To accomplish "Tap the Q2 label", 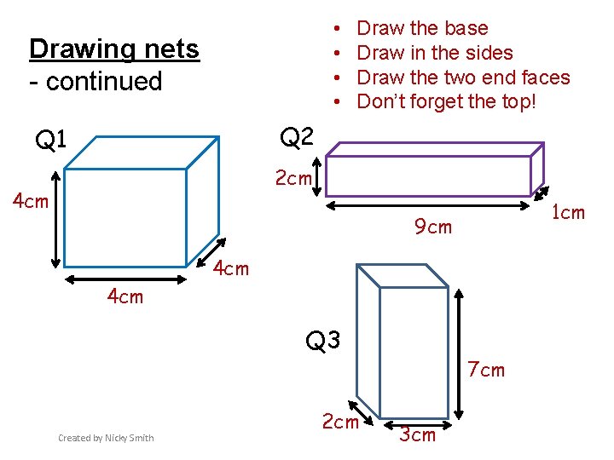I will click(x=297, y=136).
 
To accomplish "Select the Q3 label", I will click(x=323, y=341).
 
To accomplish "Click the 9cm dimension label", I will click(x=433, y=227).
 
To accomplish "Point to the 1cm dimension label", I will click(x=568, y=212).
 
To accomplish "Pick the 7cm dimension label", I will click(x=486, y=370).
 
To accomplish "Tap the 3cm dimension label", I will click(x=418, y=435).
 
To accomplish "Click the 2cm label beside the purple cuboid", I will click(x=293, y=178).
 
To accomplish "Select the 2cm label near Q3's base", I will click(x=339, y=422).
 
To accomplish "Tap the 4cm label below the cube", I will click(x=125, y=297).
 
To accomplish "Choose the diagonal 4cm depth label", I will click(x=231, y=268).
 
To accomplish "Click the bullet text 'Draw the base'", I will click(x=422, y=28).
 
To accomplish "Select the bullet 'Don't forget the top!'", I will click(x=447, y=102).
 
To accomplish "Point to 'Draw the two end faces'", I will click(x=463, y=78).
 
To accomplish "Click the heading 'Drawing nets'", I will click(x=113, y=49).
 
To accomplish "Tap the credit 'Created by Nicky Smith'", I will click(x=106, y=438).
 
